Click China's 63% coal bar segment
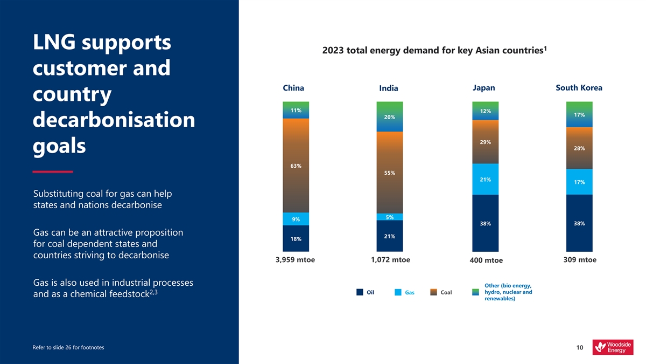tap(296, 165)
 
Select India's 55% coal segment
tap(390, 173)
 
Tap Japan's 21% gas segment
tap(485, 179)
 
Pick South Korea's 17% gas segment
tap(579, 182)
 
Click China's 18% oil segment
tap(296, 238)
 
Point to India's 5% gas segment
tap(390, 217)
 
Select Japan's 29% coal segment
tap(485, 142)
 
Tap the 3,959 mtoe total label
tap(295, 260)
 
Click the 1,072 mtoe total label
tap(390, 260)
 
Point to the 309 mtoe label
tap(580, 260)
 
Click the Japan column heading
tap(483, 88)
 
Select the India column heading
tap(388, 88)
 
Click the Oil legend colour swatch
tap(360, 292)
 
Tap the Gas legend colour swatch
tap(398, 292)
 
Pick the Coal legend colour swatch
tap(434, 292)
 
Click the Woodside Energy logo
tap(613, 347)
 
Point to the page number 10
tap(579, 348)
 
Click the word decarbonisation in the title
tap(114, 120)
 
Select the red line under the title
tap(52, 171)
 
